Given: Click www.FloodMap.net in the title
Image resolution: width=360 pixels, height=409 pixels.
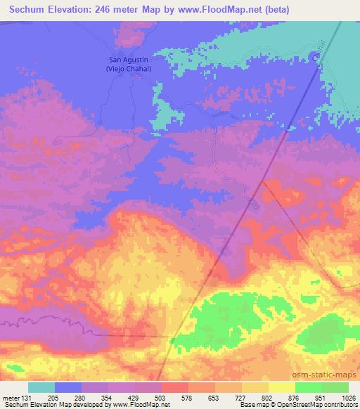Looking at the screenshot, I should [x=212, y=11].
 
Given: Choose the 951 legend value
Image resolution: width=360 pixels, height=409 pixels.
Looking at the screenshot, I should [x=320, y=397].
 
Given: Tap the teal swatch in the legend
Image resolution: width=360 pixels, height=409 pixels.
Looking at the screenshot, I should [x=41, y=387].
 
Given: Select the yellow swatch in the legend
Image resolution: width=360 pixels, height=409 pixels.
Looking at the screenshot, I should [x=281, y=387].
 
